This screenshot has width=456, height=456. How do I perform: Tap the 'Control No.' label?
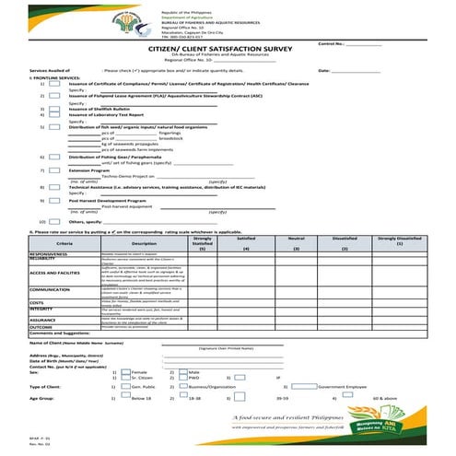point(331,43)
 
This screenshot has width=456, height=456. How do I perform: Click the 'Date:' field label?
point(323,70)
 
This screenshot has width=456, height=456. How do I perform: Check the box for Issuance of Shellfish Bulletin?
point(56,107)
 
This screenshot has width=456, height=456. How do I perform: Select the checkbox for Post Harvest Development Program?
point(56,199)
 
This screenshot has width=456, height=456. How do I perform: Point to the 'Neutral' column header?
point(296,238)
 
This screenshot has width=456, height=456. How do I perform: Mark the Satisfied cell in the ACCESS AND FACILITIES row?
point(246,273)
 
